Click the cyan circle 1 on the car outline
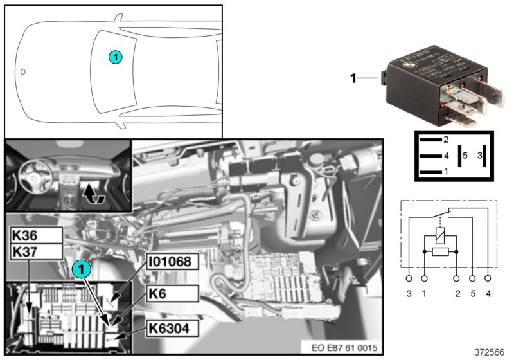tap(114, 57)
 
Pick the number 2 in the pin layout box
tap(445, 139)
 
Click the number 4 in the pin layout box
tap(445, 155)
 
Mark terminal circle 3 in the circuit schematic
tap(409, 279)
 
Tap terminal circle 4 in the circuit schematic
tap(489, 279)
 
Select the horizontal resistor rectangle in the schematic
tap(440, 252)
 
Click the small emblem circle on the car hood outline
tap(22, 71)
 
